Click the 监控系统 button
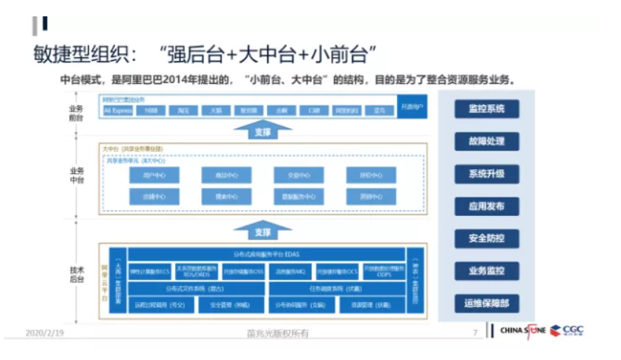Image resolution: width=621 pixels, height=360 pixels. (486, 108)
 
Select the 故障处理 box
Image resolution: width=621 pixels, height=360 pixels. (486, 141)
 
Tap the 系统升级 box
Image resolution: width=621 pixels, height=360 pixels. (486, 174)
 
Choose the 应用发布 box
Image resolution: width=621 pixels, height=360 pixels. (486, 206)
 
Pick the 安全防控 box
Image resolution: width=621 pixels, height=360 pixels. (486, 239)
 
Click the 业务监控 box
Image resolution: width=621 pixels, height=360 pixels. (486, 271)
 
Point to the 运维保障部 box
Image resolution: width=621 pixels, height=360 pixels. (486, 304)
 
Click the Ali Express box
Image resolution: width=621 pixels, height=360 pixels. (117, 111)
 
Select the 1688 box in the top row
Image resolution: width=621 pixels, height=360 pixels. (151, 111)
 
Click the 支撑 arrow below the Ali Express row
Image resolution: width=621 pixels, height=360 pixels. (262, 131)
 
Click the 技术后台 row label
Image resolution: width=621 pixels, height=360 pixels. (77, 275)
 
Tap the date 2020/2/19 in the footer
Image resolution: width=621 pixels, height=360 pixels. (45, 333)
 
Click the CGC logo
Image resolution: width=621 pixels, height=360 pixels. (573, 330)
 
